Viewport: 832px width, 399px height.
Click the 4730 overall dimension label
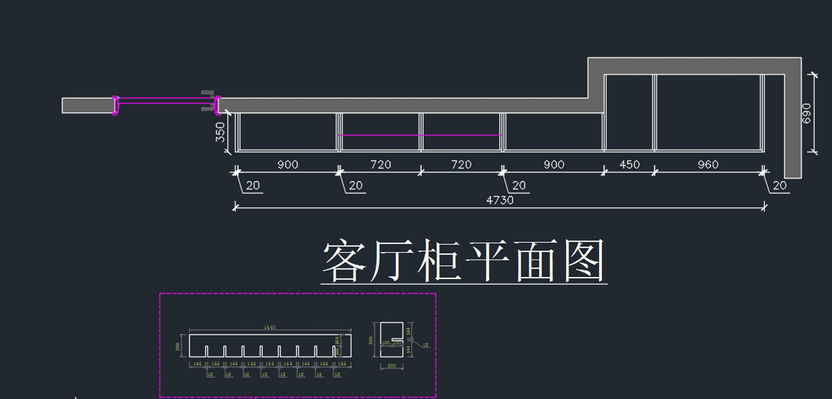(499, 200)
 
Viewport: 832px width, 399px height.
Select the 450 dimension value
(629, 164)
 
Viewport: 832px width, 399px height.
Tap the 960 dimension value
(707, 164)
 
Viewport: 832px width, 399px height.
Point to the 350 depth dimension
(220, 132)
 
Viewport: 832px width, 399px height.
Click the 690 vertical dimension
(806, 113)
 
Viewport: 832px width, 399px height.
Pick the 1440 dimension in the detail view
(270, 327)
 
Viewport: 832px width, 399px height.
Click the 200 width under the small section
(390, 365)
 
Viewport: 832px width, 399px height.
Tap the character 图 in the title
(584, 262)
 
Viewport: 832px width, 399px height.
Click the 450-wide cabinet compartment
(629, 112)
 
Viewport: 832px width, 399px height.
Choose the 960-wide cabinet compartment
(707, 112)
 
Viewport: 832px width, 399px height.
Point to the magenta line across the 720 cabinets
(419, 135)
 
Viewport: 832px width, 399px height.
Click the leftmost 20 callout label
(252, 185)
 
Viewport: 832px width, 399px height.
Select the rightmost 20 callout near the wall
(779, 185)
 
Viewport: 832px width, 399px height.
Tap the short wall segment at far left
(87, 105)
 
